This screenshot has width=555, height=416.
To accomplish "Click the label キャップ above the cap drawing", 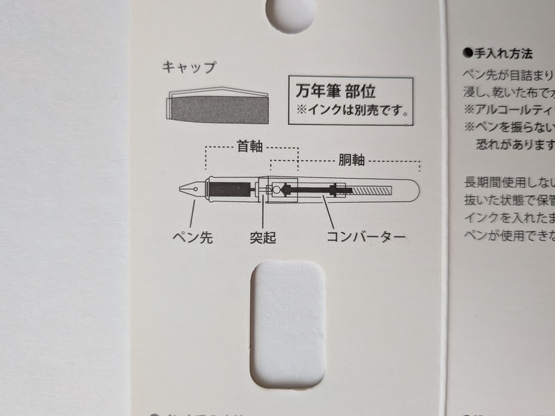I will (189, 68).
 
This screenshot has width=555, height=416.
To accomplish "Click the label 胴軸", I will (349, 160).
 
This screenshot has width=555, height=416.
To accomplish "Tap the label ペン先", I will (193, 238).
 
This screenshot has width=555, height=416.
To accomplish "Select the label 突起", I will (262, 238).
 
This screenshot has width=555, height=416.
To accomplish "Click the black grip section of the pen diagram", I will (230, 189).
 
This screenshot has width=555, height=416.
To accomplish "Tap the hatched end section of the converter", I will (373, 190).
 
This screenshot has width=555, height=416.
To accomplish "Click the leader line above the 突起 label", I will (263, 214).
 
